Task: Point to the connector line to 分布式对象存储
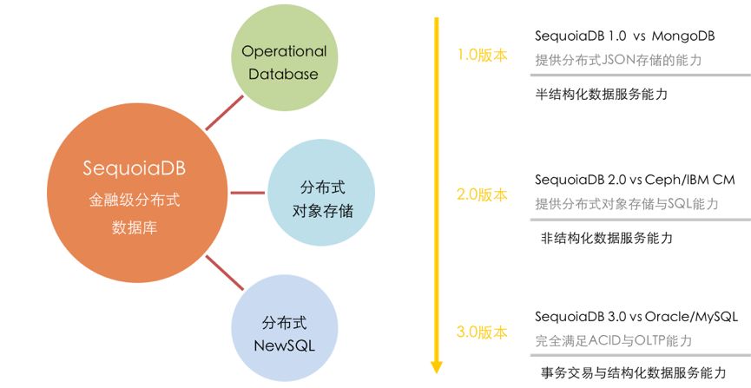[x=250, y=191]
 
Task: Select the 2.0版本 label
[x=482, y=195]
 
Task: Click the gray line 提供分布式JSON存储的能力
[x=617, y=61]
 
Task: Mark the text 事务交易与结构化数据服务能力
[x=632, y=372]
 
